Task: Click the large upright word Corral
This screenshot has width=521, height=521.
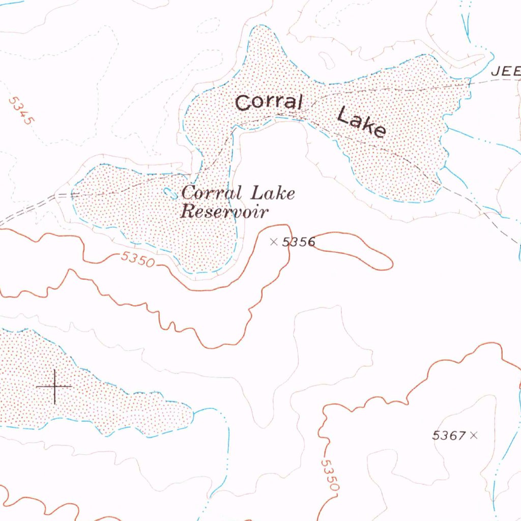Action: point(269,102)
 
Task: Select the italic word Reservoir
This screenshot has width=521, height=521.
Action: point(223,211)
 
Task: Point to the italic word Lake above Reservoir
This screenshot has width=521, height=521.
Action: point(272,193)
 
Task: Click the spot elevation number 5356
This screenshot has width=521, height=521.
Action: point(299,242)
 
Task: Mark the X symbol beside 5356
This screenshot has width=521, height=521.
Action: point(274,242)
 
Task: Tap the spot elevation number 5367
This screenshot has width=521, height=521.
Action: point(449,436)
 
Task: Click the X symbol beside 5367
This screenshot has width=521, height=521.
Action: point(474,435)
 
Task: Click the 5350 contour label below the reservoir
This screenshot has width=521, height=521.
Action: point(137,259)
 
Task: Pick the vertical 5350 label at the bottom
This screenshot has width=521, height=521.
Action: point(330,476)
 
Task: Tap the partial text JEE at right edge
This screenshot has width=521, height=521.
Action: point(505,72)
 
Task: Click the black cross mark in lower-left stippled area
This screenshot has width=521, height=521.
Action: point(54,387)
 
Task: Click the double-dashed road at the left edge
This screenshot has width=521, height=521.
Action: point(25,209)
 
